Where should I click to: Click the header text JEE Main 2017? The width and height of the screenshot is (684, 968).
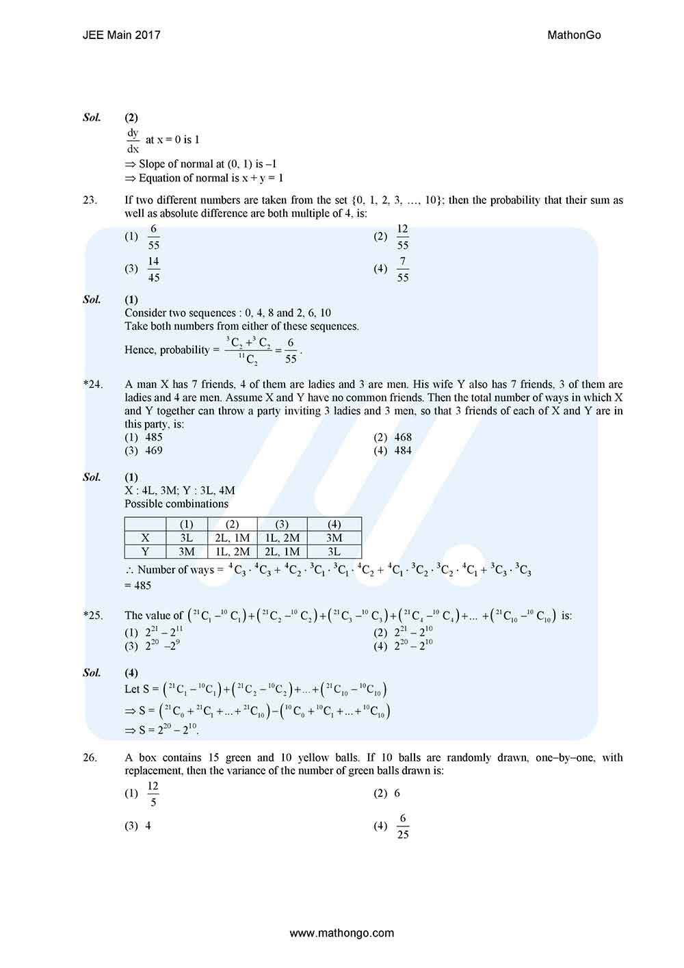[x=121, y=35]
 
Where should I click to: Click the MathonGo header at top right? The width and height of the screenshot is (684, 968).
[x=574, y=35]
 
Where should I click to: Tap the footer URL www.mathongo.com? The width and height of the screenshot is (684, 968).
[x=342, y=932]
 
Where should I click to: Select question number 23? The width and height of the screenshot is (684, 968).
[x=90, y=200]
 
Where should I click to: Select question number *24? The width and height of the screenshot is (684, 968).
[x=93, y=384]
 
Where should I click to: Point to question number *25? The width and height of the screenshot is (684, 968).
[x=93, y=616]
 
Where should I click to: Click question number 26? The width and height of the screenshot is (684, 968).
[x=90, y=757]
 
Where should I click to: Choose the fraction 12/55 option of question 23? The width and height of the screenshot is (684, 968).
[x=402, y=237]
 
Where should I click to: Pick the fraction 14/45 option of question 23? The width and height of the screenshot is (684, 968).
[x=154, y=269]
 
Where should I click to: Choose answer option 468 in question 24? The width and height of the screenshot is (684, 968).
[x=403, y=437]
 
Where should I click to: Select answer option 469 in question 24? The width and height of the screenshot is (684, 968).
[x=154, y=450]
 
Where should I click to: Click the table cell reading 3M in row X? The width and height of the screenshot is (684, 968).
[x=334, y=538]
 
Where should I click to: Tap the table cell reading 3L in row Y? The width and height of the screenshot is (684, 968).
[x=334, y=551]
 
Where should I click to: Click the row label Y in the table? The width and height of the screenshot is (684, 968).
[x=145, y=551]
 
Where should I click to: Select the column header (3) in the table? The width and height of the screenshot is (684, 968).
[x=282, y=524]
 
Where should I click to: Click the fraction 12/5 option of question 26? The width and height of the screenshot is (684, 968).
[x=153, y=794]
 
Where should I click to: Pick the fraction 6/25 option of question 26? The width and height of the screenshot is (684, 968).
[x=403, y=826]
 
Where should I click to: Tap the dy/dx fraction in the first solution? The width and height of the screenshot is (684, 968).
[x=133, y=140]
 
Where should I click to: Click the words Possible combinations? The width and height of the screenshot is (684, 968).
[x=176, y=503]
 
